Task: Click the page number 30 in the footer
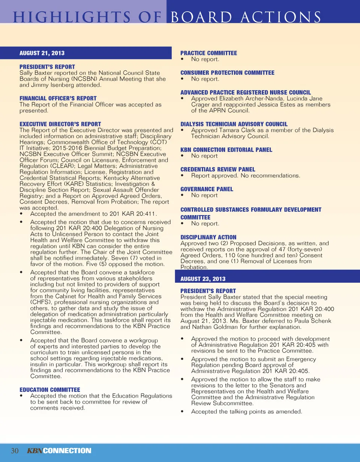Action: (x=15, y=450)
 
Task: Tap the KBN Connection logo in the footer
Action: (x=59, y=450)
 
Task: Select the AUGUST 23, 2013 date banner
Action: (x=203, y=279)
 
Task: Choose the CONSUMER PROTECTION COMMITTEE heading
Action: (x=227, y=73)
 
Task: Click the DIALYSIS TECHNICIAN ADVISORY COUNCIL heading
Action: (x=234, y=124)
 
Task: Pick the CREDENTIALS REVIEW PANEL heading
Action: (x=218, y=169)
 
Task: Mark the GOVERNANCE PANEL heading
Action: (x=207, y=189)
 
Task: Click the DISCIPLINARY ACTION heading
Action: (x=208, y=237)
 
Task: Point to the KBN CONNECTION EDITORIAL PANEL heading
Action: (x=226, y=150)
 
